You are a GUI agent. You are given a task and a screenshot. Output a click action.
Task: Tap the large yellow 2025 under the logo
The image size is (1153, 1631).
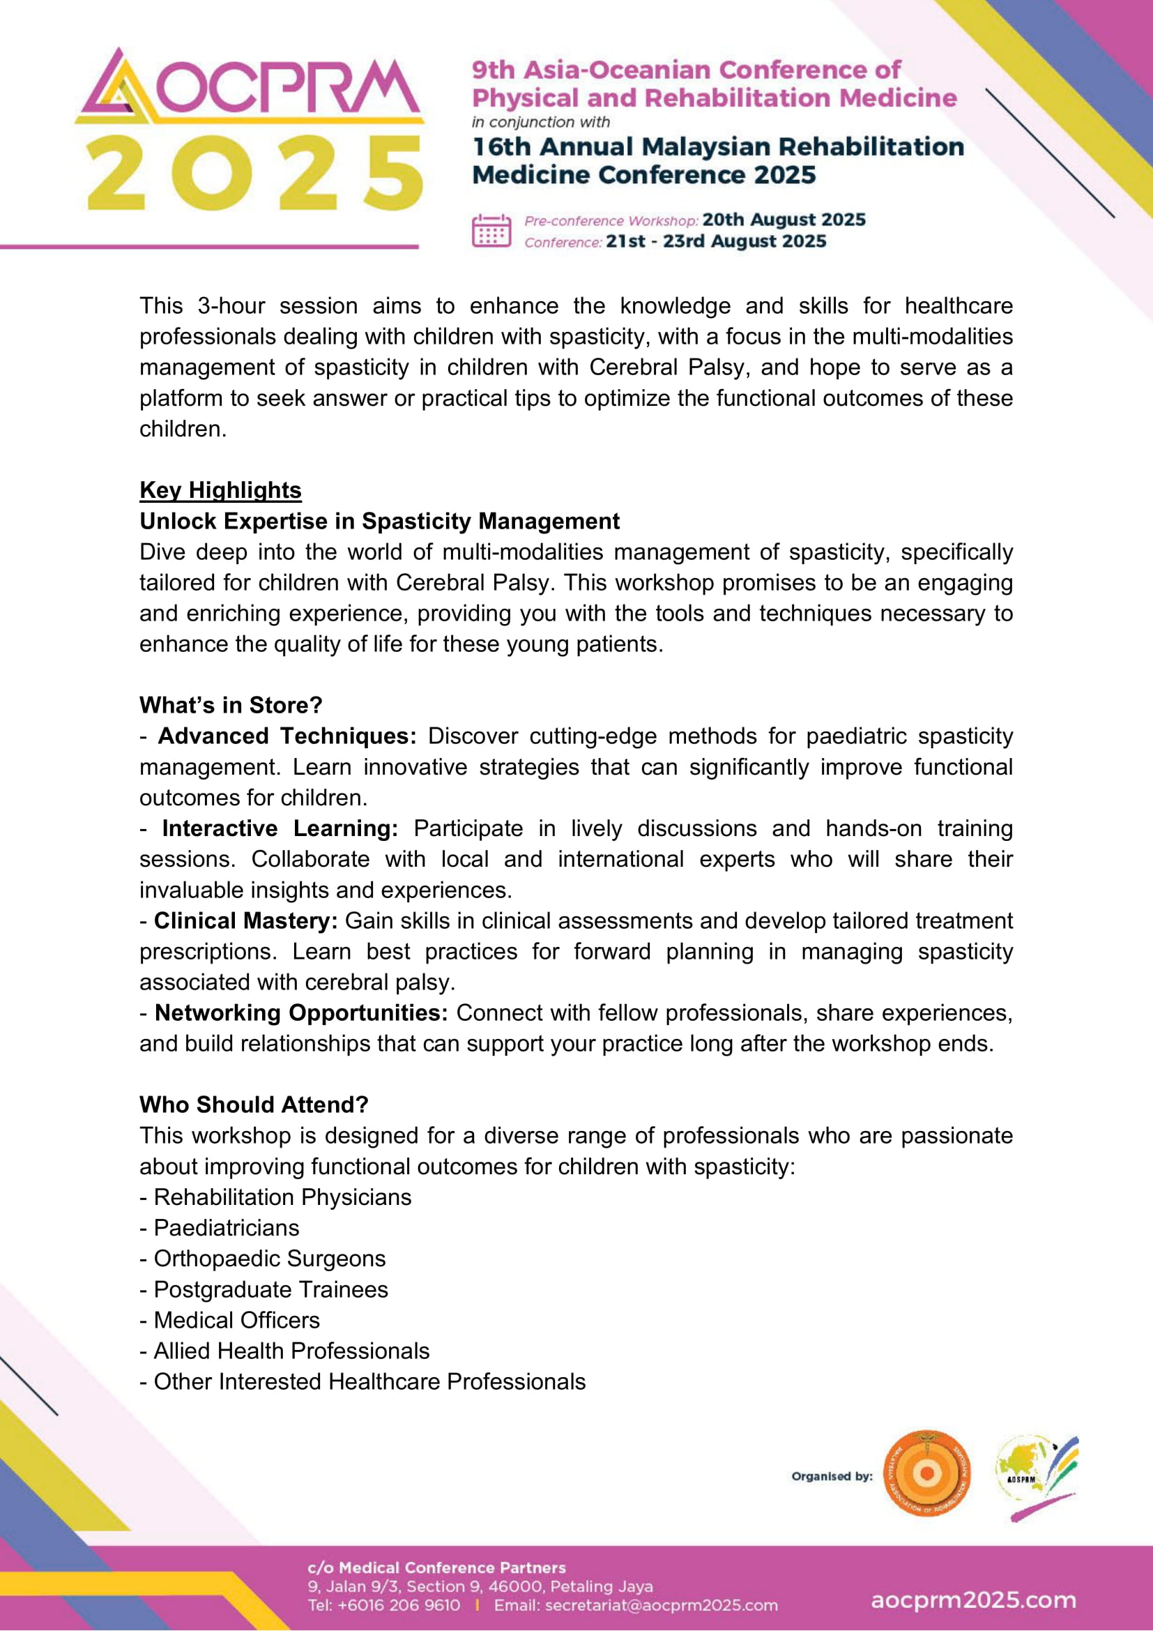point(254,174)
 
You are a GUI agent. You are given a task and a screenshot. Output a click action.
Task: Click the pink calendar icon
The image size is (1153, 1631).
point(491,231)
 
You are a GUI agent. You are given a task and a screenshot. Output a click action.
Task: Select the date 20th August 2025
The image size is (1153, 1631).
point(784,220)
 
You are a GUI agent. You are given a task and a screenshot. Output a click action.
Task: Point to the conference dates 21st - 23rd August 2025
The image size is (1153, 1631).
point(716,241)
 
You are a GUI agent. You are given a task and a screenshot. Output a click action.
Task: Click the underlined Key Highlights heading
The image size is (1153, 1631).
point(220,490)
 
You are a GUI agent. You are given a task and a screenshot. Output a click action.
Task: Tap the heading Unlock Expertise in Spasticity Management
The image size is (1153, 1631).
point(379,521)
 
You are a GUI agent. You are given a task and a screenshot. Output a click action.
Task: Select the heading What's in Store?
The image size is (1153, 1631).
point(231,705)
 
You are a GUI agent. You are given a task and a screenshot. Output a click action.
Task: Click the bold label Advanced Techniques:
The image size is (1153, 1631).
point(287,736)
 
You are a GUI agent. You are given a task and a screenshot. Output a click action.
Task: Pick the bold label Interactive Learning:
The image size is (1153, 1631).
point(280,828)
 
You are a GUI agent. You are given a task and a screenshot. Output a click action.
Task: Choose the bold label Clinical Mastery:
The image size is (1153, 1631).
point(245,920)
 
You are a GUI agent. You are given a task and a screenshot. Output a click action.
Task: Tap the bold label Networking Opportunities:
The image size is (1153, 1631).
point(301,1012)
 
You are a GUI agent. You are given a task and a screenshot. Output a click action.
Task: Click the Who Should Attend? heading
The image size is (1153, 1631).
point(254,1105)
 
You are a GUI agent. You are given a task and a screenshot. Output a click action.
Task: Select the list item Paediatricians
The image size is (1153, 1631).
point(226,1227)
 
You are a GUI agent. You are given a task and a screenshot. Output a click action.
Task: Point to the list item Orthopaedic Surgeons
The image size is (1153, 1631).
point(269,1258)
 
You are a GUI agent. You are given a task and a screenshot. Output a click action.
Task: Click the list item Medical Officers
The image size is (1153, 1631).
point(236,1320)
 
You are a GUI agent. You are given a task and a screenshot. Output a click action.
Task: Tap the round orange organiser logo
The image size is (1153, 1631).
point(926,1475)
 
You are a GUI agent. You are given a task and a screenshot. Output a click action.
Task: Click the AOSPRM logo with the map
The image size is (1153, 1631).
point(1035,1476)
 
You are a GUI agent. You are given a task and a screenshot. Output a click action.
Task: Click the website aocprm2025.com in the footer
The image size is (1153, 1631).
point(972,1600)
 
